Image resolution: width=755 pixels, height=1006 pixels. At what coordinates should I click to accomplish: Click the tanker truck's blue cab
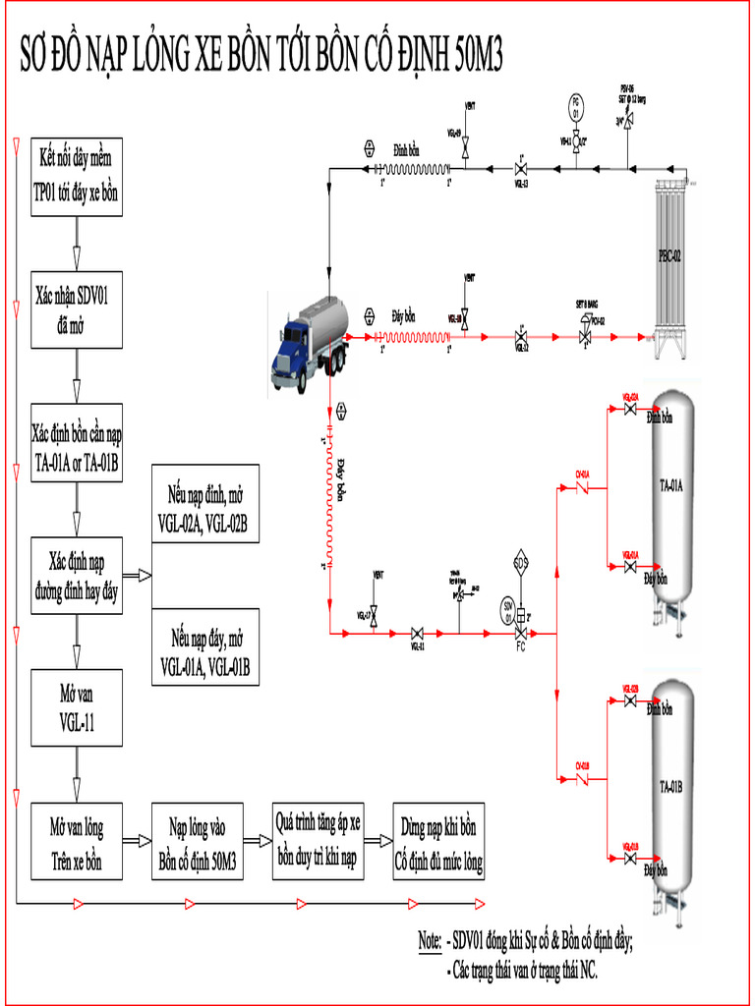pos(291,345)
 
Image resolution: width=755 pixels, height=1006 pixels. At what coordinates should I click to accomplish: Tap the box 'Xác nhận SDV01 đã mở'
pos(77,309)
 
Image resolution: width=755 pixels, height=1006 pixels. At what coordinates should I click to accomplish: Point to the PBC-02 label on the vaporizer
pos(669,255)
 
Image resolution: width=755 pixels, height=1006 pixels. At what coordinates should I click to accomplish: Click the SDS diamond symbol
pos(521,563)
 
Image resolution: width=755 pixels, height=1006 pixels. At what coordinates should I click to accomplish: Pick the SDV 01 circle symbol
pos(508,605)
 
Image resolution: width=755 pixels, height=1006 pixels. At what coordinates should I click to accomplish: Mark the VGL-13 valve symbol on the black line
pos(520,167)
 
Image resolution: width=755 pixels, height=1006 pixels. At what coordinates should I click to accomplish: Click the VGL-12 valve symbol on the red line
pos(520,336)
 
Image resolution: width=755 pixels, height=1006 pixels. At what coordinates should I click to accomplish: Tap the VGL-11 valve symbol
pos(417,634)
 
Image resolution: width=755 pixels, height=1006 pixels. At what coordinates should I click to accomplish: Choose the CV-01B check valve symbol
pos(582,777)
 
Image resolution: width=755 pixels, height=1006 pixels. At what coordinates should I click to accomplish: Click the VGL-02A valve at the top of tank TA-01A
pos(629,410)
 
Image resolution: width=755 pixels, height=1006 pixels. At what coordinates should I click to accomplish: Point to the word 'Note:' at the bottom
pos(429,941)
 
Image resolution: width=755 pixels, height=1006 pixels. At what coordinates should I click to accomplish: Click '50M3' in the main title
pos(479,58)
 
